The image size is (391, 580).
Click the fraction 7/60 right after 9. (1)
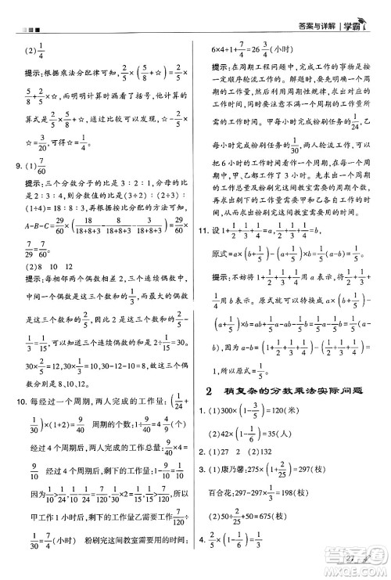[x=41, y=168]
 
